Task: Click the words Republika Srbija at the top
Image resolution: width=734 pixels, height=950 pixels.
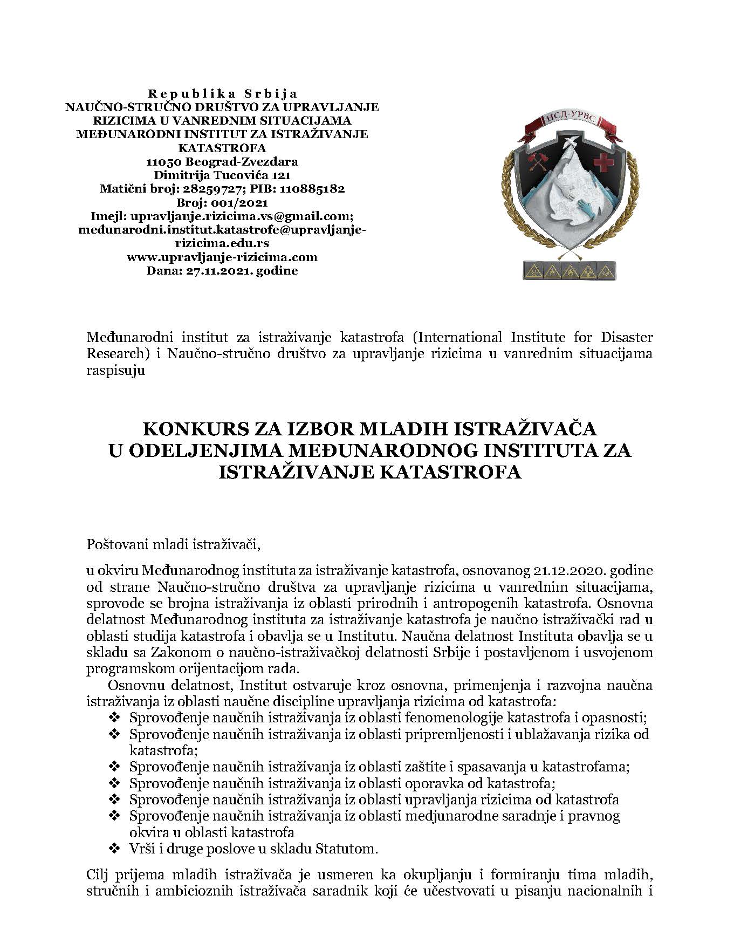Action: click(222, 94)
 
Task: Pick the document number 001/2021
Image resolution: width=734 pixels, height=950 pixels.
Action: click(236, 203)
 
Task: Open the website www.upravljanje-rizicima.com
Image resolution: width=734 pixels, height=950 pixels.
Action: click(222, 257)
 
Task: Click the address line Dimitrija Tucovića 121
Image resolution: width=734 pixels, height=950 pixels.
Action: click(222, 175)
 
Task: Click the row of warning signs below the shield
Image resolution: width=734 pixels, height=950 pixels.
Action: click(569, 270)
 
